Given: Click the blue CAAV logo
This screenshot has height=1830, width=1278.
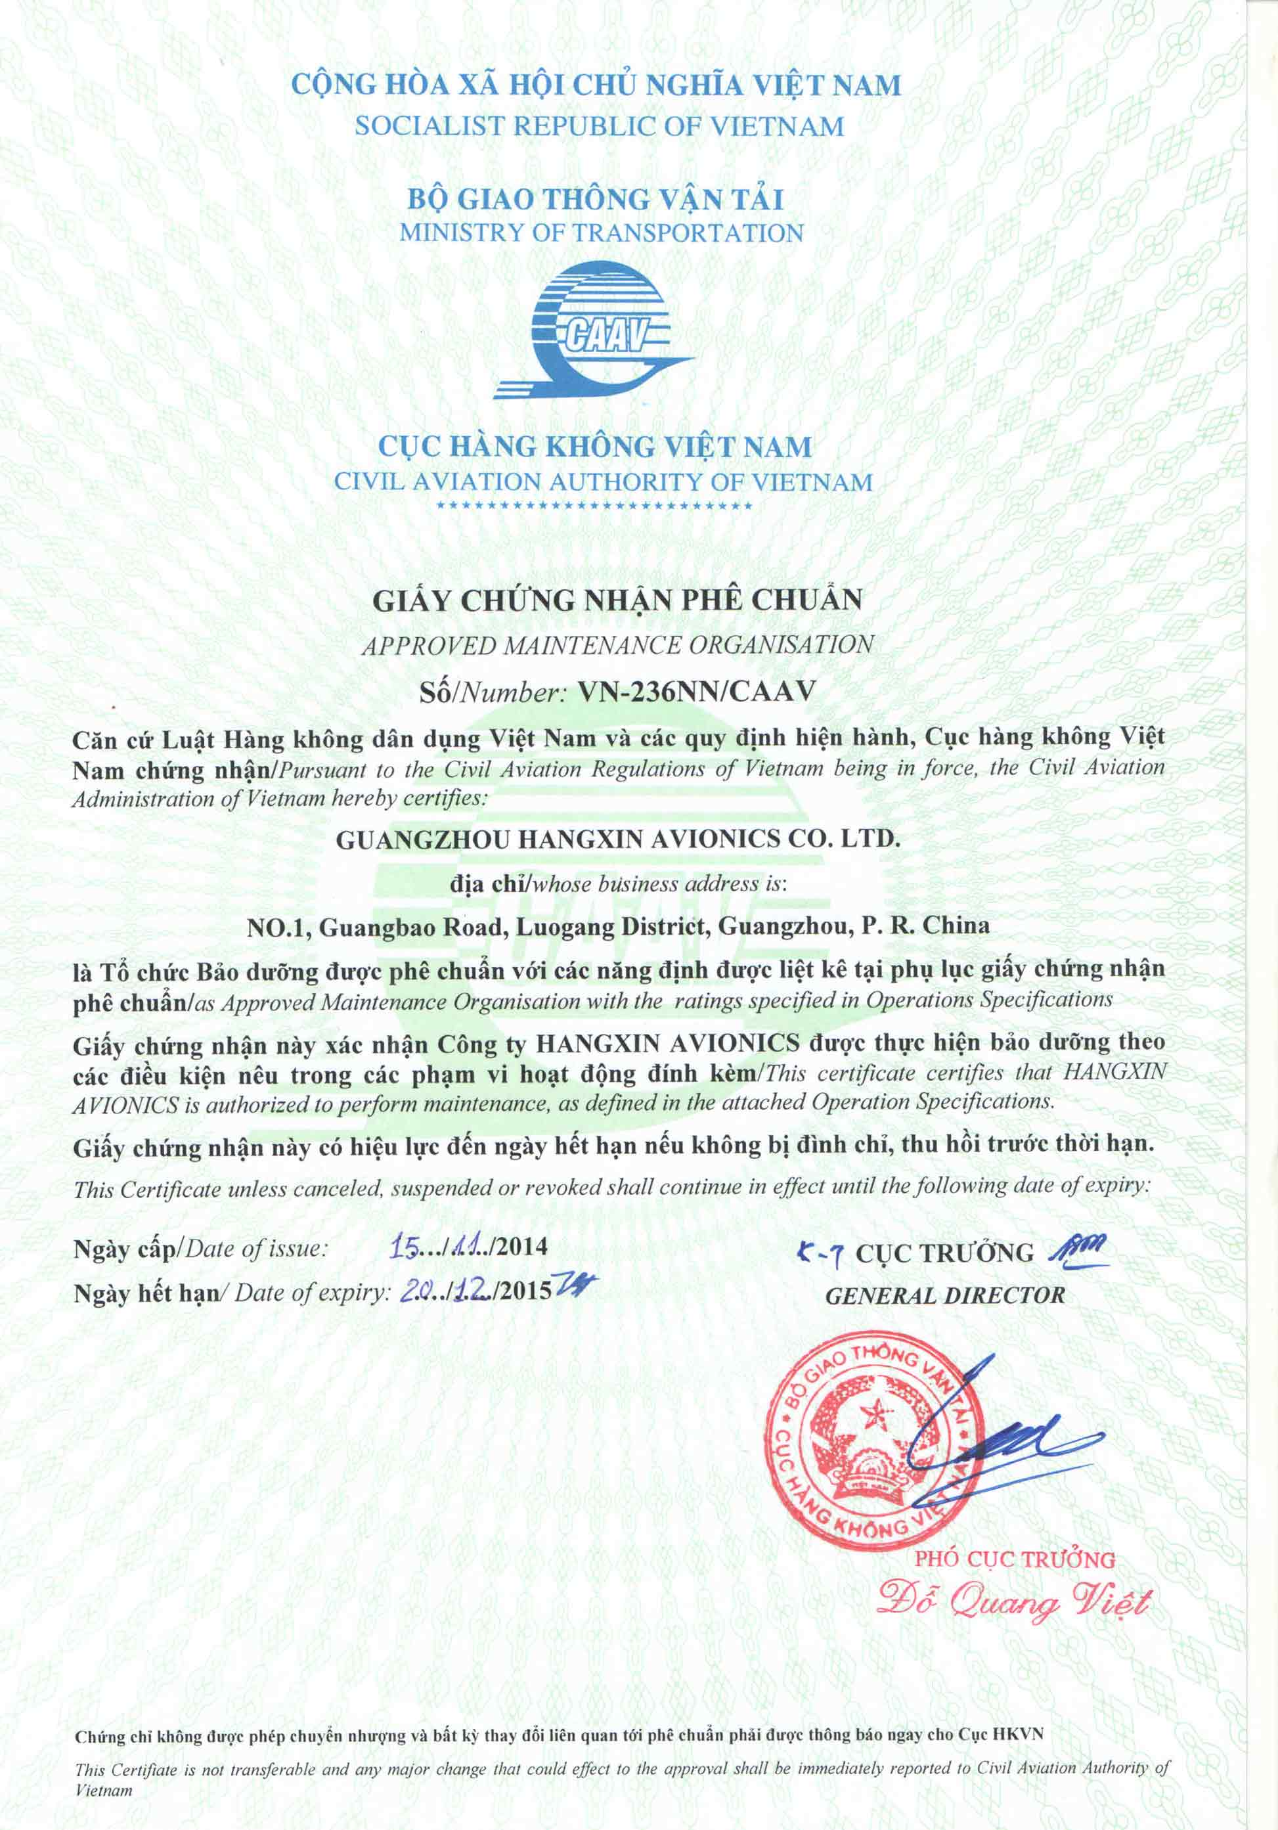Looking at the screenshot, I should [594, 331].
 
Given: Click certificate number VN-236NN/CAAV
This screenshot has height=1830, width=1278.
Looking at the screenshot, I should [695, 691].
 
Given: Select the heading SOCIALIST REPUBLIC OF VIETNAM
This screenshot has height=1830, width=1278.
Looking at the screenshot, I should [598, 126].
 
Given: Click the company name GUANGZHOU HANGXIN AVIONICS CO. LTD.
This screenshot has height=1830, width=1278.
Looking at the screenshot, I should [617, 839].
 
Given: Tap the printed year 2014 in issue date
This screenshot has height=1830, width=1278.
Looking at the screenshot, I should [523, 1246].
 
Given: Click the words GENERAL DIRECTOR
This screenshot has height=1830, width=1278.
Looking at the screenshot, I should [944, 1296].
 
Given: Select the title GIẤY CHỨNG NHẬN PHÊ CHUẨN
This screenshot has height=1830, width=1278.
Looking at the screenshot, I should [617, 600].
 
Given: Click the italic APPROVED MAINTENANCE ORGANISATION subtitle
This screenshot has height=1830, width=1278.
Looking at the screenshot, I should [617, 645].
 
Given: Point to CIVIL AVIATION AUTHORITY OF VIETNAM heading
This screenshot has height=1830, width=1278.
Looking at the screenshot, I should [603, 482].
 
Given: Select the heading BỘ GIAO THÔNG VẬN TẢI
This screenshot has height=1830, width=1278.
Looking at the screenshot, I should [596, 198].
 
